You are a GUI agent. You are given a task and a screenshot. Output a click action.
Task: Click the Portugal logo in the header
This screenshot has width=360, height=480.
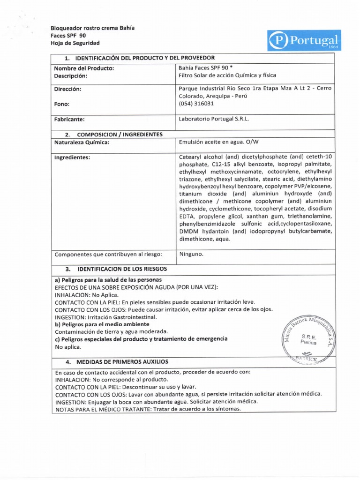click(x=304, y=40)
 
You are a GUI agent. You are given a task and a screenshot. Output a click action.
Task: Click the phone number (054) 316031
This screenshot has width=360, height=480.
click(x=197, y=104)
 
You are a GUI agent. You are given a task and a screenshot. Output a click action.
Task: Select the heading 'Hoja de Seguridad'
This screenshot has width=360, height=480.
click(x=75, y=43)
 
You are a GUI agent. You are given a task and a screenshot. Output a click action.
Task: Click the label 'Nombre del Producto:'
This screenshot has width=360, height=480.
click(x=84, y=67)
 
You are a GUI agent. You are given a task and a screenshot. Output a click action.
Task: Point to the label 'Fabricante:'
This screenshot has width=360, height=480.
click(x=70, y=119)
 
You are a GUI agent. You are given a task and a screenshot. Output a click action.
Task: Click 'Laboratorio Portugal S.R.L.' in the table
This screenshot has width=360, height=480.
click(x=215, y=119)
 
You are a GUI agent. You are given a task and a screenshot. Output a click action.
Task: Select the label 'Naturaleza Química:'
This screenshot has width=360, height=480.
click(x=82, y=142)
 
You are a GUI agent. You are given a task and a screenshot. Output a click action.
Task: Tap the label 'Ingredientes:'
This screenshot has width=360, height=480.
click(x=72, y=157)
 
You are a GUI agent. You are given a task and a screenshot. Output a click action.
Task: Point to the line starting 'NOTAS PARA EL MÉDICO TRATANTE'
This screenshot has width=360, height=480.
click(x=148, y=409)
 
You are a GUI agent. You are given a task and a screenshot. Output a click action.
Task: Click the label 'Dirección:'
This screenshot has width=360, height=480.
click(x=68, y=89)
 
